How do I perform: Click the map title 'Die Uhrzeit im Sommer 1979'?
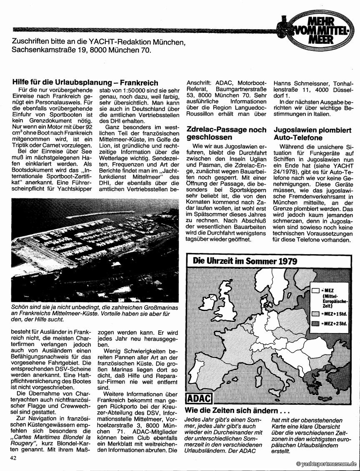pyautogui.click(x=245, y=261)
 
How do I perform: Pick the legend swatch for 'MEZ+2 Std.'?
pyautogui.click(x=315, y=323)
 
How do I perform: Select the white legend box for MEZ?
pyautogui.click(x=315, y=290)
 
